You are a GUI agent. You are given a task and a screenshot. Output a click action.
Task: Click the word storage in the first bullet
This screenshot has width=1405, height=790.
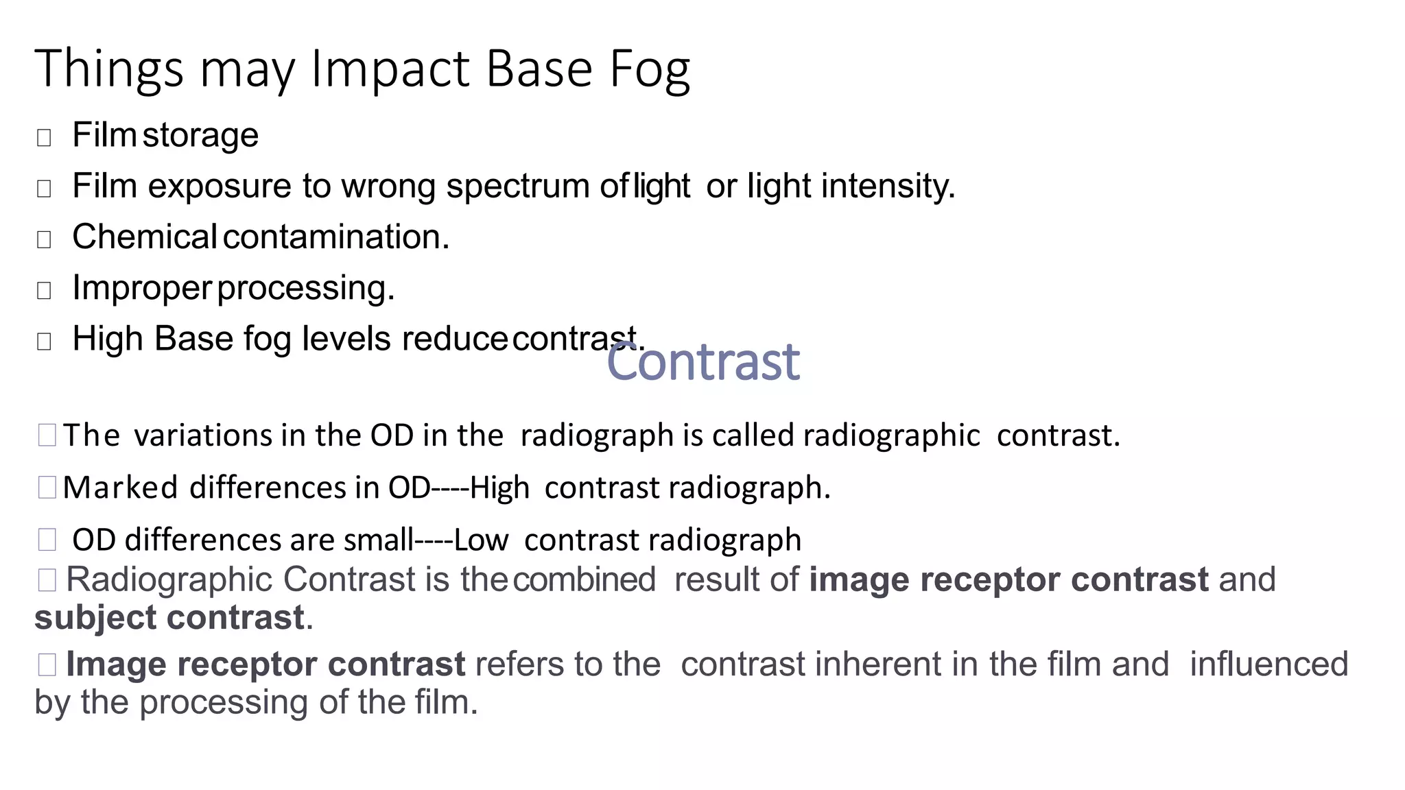(200, 135)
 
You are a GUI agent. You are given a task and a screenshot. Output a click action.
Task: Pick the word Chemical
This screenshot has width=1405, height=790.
(144, 237)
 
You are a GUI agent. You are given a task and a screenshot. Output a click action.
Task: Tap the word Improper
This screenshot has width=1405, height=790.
(141, 288)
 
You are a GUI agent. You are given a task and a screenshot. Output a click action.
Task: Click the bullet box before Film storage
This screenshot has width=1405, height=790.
(44, 138)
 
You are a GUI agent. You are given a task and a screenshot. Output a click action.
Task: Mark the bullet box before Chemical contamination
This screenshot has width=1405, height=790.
(44, 239)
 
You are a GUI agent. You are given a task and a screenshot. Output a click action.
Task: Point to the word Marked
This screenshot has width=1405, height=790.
(121, 488)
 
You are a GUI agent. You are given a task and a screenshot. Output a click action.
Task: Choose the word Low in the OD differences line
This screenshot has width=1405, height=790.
(481, 540)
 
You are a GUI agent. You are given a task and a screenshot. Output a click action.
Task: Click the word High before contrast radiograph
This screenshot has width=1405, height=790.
(500, 488)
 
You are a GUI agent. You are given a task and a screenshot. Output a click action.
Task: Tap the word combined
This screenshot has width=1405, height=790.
(585, 579)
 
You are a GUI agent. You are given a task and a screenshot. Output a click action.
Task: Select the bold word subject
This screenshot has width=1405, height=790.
(96, 618)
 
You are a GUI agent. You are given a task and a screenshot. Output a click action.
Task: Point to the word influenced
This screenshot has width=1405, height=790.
(1268, 665)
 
